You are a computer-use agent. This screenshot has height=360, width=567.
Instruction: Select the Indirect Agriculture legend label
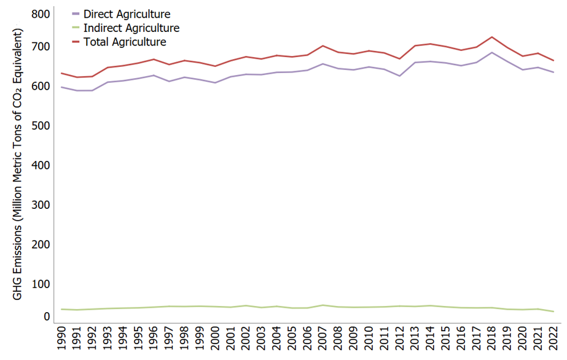(130, 28)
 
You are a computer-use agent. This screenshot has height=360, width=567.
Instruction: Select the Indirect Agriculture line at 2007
(323, 305)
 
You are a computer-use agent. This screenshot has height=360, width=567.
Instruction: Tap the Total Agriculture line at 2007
(323, 45)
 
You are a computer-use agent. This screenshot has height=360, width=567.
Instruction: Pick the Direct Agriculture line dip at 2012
(400, 76)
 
